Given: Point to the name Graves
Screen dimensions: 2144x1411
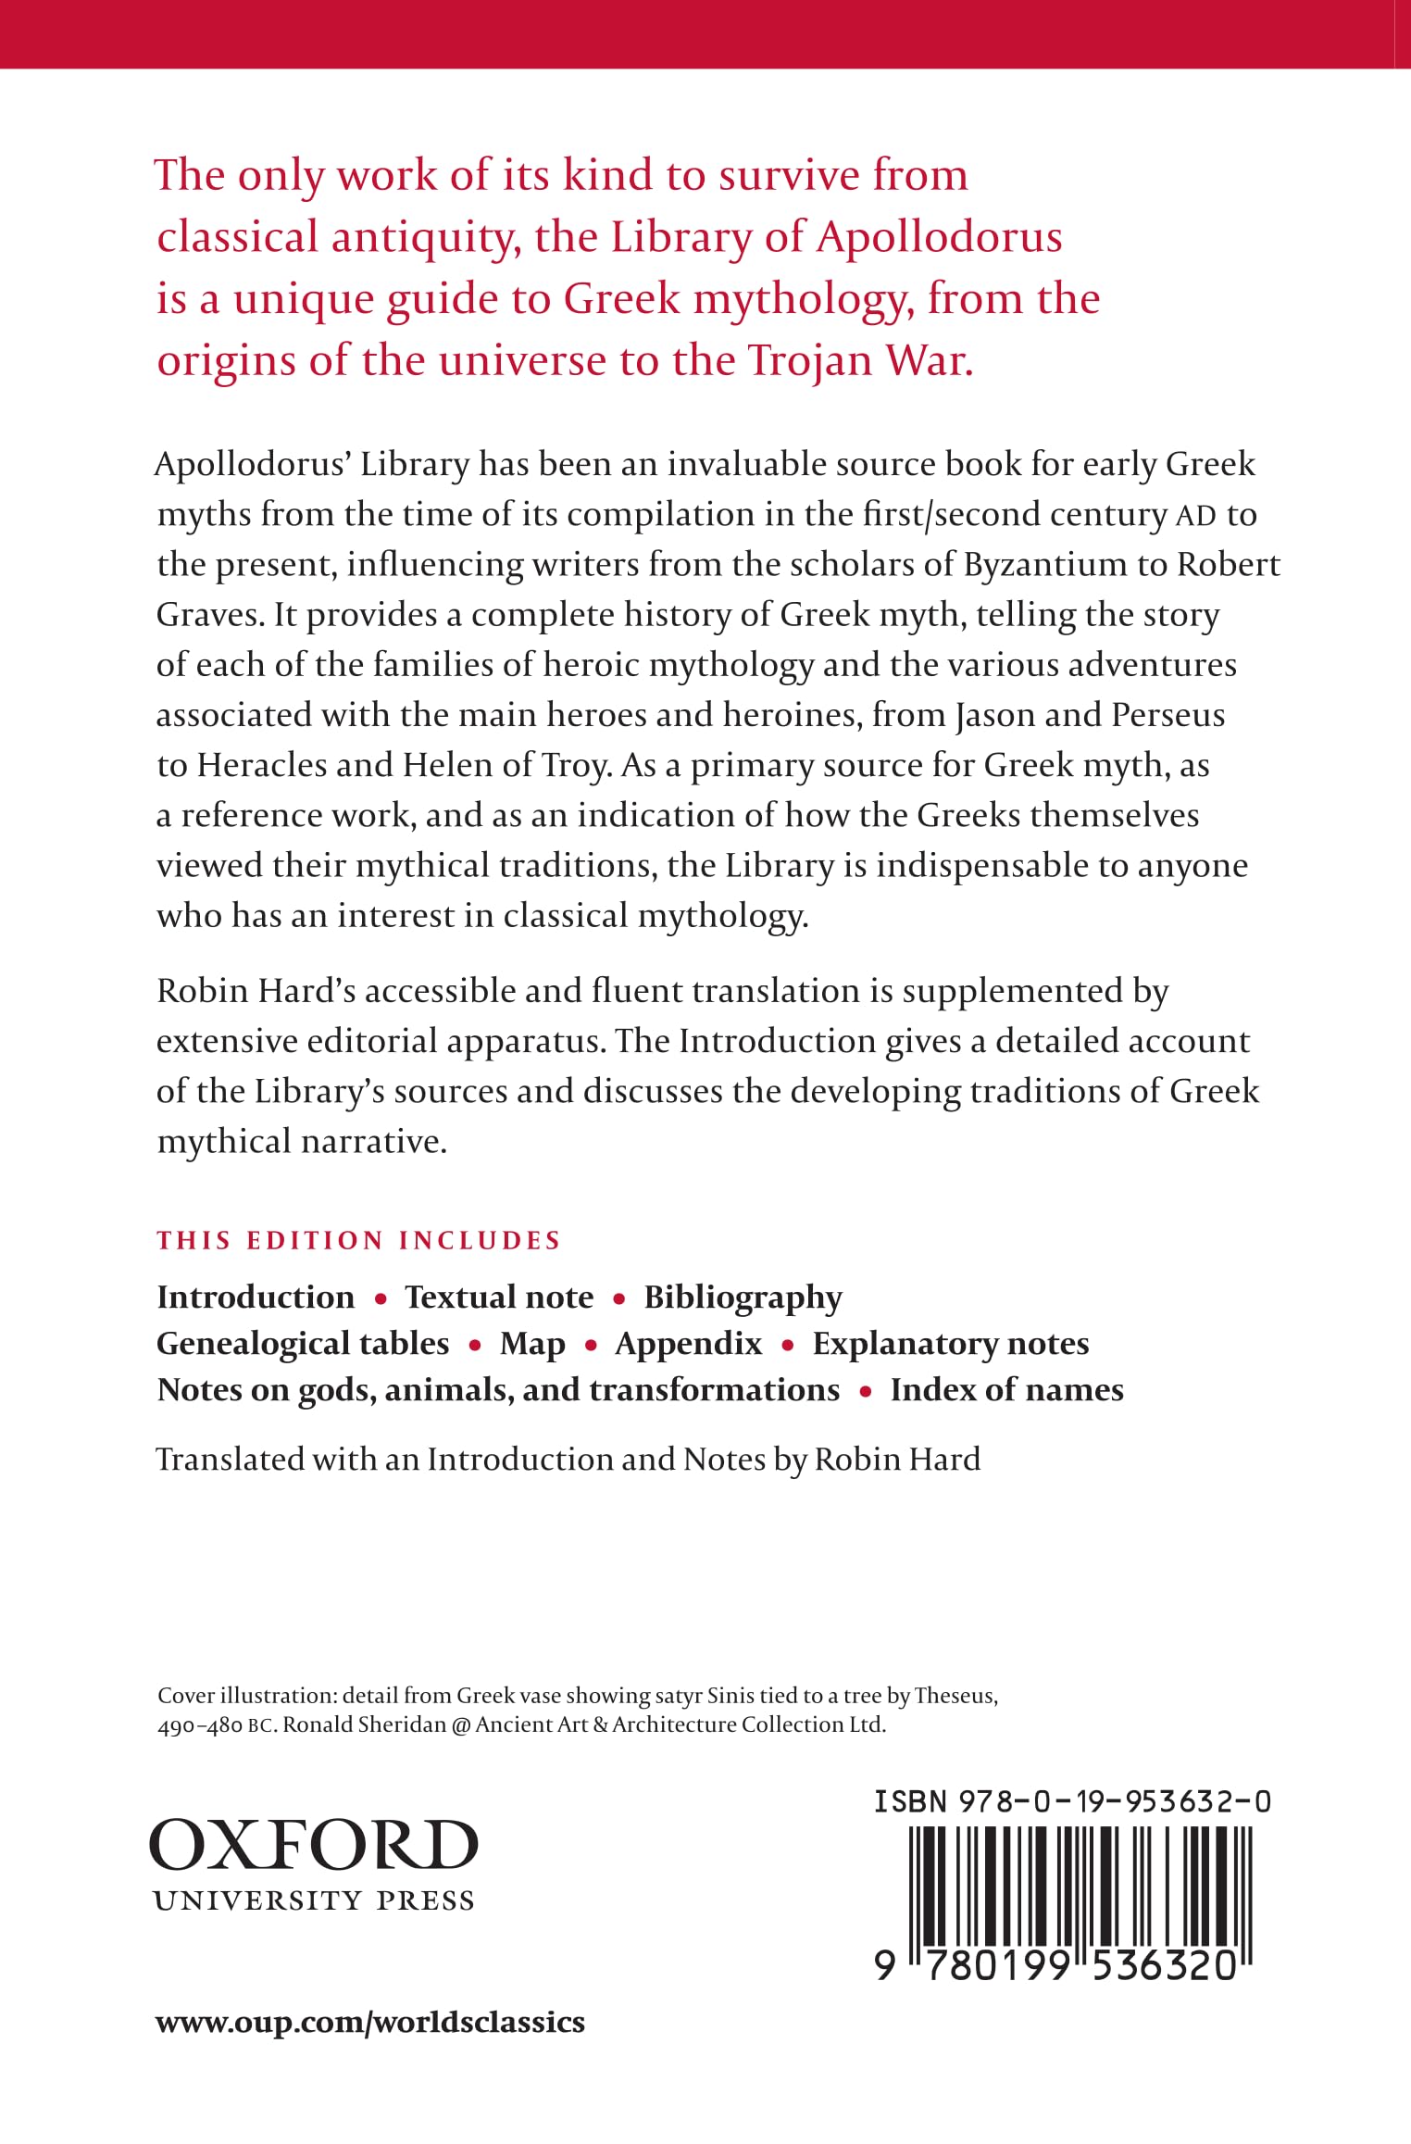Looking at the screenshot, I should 208,615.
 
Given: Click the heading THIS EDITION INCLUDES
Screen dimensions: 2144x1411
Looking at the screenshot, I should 358,1240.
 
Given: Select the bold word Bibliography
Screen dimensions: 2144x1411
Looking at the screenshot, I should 743,1298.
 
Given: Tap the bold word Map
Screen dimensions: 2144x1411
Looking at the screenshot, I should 532,1344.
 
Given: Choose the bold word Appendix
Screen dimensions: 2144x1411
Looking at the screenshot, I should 688,1344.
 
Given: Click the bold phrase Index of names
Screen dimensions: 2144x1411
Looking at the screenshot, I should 1006,1390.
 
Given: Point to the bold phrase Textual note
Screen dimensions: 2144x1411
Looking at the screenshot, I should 499,1298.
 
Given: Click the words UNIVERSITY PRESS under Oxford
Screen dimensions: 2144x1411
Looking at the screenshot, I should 313,1900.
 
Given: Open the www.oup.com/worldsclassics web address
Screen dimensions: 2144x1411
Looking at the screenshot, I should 370,2022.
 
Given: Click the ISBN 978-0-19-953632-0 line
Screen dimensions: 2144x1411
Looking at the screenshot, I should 1072,1801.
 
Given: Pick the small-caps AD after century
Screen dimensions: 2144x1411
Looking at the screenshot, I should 1195,516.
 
